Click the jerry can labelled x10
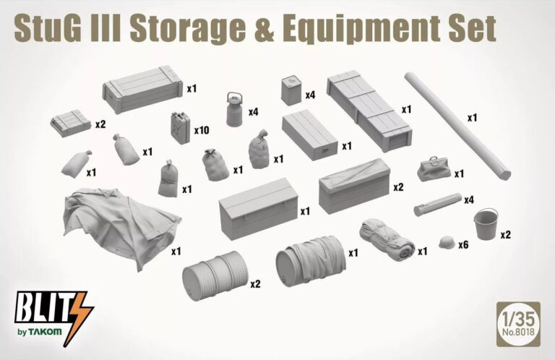181,128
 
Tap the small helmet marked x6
447,243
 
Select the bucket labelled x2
486,223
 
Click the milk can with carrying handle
234,109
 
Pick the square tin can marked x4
291,91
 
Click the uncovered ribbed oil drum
215,276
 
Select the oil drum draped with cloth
311,261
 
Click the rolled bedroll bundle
387,240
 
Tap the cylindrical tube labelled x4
438,205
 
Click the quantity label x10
202,130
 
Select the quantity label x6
463,244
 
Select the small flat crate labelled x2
71,123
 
